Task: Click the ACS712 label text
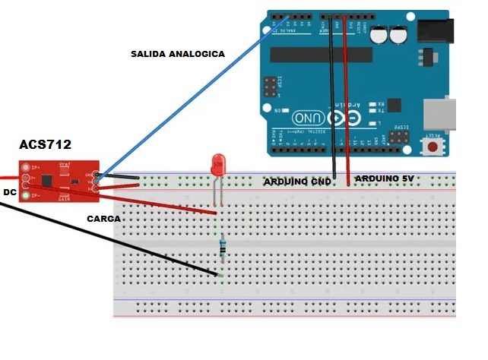pyautogui.click(x=45, y=144)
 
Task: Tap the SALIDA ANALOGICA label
pyautogui.click(x=177, y=54)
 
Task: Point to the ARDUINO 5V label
pyautogui.click(x=385, y=178)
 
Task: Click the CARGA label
pyautogui.click(x=103, y=218)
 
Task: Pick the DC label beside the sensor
pyautogui.click(x=10, y=192)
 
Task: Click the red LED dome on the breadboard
pyautogui.click(x=218, y=164)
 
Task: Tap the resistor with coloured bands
pyautogui.click(x=222, y=246)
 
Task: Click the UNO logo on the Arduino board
pyautogui.click(x=311, y=117)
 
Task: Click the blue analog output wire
pyautogui.click(x=190, y=99)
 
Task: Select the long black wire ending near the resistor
pyautogui.click(x=114, y=235)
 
